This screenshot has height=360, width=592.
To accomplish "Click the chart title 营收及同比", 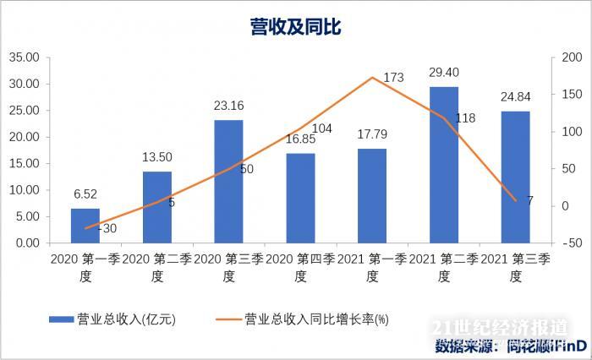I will click(x=295, y=27).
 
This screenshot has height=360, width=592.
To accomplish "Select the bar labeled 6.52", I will click(x=85, y=226).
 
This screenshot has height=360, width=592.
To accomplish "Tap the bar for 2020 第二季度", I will click(x=157, y=207).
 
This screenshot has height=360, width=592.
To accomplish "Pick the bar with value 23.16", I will click(x=228, y=182).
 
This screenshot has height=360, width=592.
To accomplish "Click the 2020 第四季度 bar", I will click(x=300, y=198).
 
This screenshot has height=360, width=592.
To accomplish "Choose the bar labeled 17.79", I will click(x=372, y=195).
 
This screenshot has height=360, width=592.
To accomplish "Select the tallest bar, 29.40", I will click(x=444, y=165).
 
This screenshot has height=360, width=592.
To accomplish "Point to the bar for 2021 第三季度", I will click(x=515, y=177).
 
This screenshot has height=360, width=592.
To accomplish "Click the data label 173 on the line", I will click(x=393, y=78).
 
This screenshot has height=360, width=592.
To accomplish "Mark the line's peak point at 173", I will click(x=372, y=78).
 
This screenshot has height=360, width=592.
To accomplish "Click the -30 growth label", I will click(x=107, y=228).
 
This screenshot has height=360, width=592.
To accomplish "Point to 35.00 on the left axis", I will click(x=25, y=57).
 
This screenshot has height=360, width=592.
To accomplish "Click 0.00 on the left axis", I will click(x=28, y=243).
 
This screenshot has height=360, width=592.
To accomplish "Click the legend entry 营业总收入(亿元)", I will click(x=126, y=319).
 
